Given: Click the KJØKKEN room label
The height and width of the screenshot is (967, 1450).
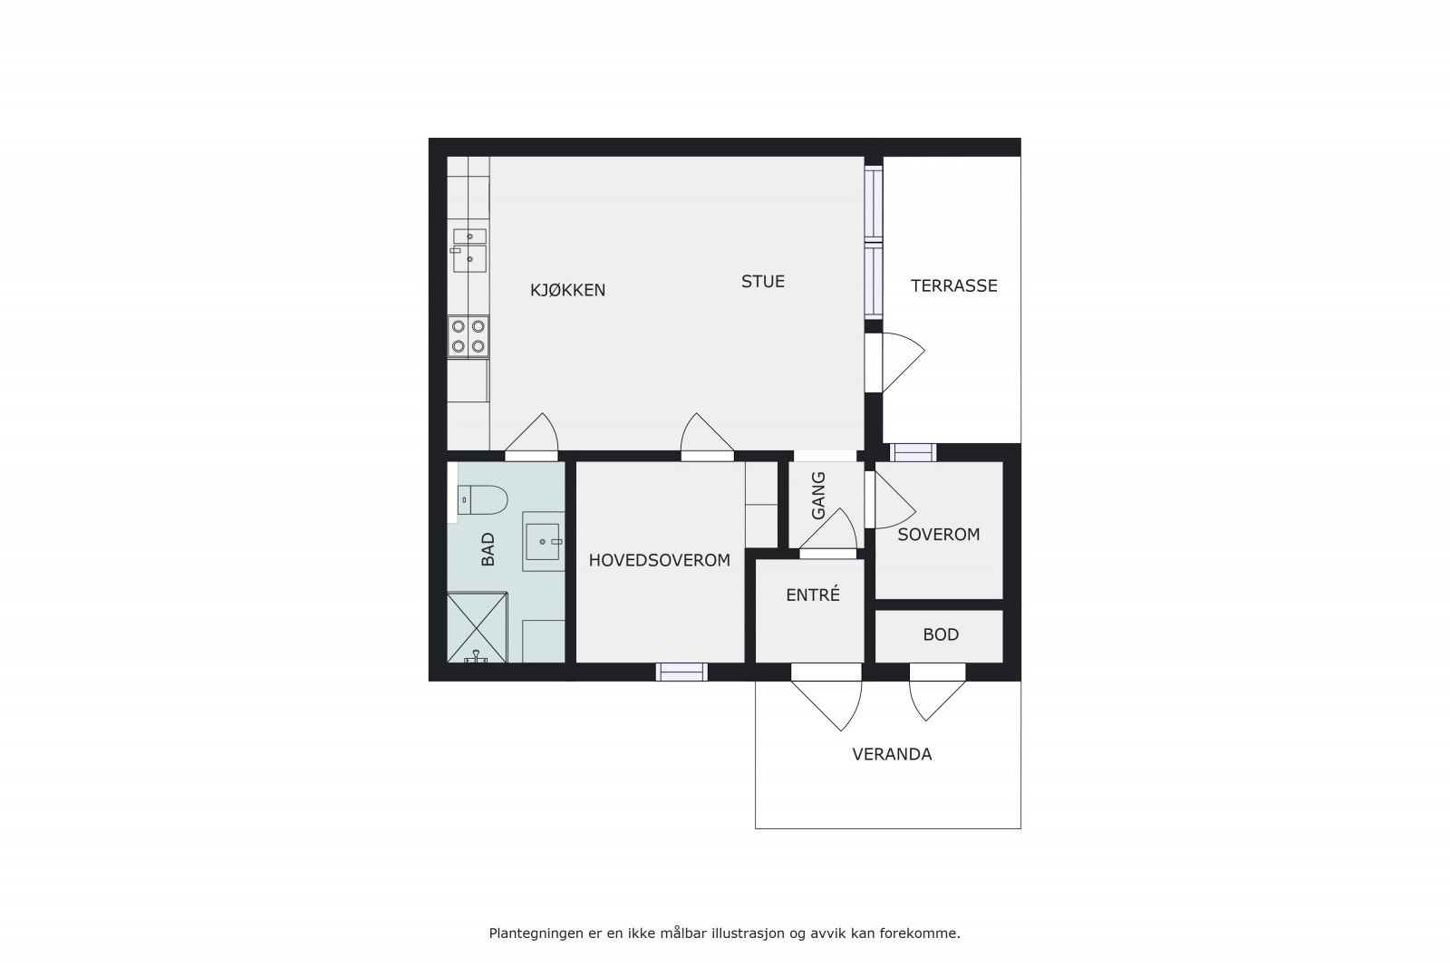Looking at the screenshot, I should coord(567,291).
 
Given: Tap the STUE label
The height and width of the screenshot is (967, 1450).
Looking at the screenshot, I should coord(762,282).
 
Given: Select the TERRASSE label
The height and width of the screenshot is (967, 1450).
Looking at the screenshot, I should coord(953,286).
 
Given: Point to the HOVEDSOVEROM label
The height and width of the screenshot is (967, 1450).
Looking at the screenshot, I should coord(659,561).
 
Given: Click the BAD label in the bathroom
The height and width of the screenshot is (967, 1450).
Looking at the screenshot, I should coord(488,549).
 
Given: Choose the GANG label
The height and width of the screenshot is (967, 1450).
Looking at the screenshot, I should coord(818,495).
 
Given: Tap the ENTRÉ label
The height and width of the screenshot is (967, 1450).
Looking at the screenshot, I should coord(812,595).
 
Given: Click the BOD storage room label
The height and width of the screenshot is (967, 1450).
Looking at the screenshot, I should coord(941,635).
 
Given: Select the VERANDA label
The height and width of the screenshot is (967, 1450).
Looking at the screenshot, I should coord(892,754).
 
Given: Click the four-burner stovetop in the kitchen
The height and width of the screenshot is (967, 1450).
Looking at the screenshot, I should coord(469,336).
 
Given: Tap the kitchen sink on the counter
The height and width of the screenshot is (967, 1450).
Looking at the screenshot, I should coord(469,251).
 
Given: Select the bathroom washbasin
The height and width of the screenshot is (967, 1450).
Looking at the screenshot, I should coord(543,541).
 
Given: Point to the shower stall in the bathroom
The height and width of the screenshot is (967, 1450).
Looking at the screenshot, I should coord(477,627).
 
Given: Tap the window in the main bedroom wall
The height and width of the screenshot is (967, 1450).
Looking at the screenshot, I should coord(681,672).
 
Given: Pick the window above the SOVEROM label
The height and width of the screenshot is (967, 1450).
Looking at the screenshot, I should coord(913,452).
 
